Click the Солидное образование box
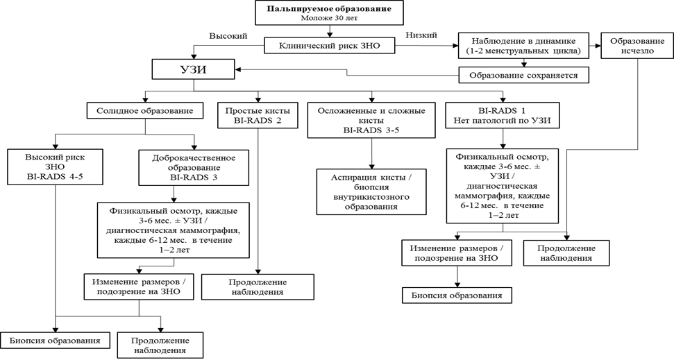(x=144, y=110)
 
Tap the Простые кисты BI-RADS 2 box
(x=258, y=115)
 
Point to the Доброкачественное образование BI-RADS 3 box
(x=194, y=167)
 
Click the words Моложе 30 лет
(x=330, y=18)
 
